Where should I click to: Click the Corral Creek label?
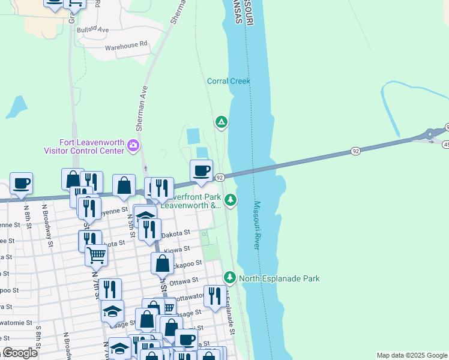228,81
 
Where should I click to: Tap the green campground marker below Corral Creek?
221,123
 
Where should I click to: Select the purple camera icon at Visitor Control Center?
133,145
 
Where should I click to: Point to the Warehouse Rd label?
126,45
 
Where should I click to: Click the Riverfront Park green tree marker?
230,199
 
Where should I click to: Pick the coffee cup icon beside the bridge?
201,170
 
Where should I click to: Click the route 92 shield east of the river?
355,151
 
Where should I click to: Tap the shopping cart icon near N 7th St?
97,255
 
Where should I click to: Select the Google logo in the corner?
20,353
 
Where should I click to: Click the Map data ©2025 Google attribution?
411,355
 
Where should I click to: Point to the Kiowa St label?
178,248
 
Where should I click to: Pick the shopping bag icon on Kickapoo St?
162,263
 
